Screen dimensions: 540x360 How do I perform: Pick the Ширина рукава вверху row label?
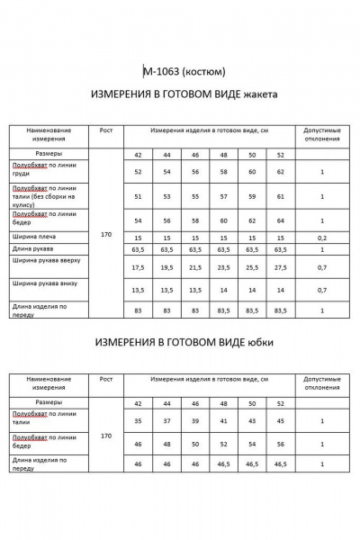click(x=47, y=261)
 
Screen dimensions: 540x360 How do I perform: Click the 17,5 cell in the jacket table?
click(x=138, y=267)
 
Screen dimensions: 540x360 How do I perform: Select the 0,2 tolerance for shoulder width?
click(x=322, y=238)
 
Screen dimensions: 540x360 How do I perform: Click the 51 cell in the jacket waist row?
click(x=138, y=196)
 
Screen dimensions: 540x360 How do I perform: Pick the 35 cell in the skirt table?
click(x=138, y=420)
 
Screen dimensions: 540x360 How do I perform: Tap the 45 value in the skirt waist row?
click(x=281, y=420)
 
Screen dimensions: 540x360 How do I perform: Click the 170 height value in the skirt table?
click(x=106, y=435)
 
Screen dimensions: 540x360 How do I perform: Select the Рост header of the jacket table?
click(x=106, y=130)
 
